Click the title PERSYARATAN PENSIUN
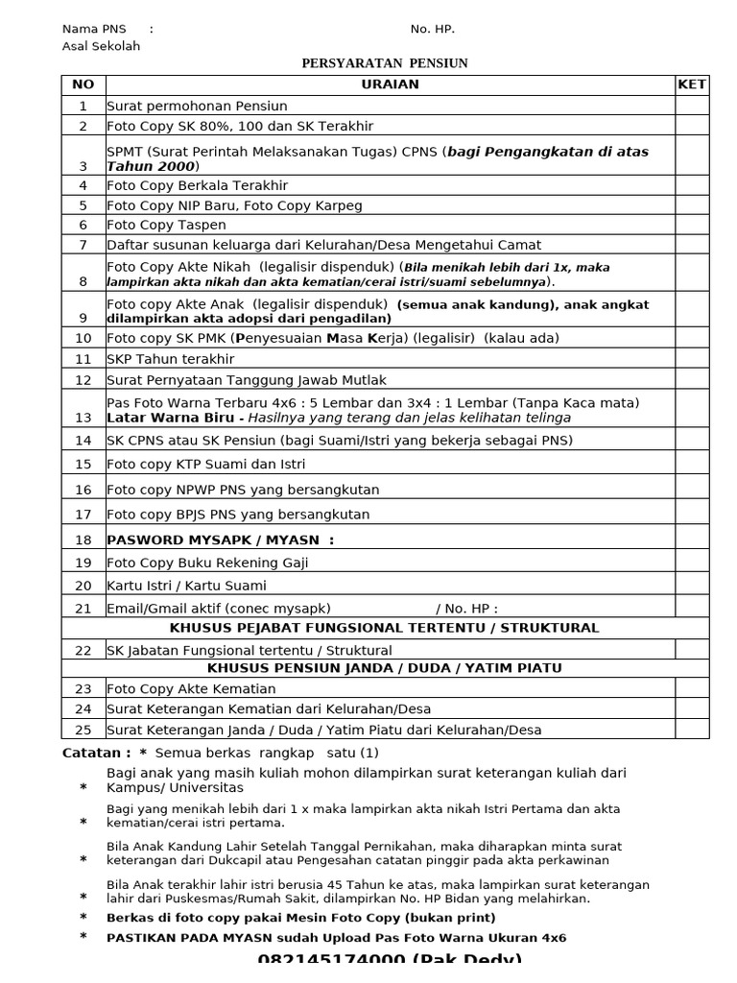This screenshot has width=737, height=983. click(385, 64)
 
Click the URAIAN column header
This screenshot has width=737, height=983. click(390, 84)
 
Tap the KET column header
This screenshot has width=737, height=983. click(691, 84)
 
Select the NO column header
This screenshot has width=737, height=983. click(83, 84)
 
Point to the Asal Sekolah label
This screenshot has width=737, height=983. click(101, 46)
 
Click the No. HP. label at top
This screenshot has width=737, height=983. click(432, 29)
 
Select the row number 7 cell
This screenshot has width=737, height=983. click(83, 246)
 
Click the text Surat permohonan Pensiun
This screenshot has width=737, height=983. click(197, 107)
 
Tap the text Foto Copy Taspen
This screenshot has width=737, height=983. click(166, 226)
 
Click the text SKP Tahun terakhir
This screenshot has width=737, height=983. click(170, 359)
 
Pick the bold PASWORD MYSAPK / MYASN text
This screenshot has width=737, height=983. click(220, 540)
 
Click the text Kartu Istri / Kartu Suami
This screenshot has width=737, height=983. click(186, 586)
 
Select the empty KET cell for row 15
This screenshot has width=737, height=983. click(691, 464)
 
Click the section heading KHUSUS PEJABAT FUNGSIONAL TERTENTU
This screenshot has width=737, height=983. click(384, 628)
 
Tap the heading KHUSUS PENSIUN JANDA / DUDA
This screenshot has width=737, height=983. click(384, 668)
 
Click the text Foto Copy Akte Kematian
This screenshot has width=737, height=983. click(191, 689)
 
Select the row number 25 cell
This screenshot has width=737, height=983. click(83, 730)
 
